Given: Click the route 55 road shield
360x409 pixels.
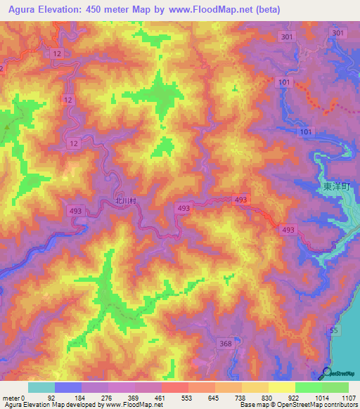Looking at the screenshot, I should [334, 330].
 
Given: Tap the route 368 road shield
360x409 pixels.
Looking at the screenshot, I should [225, 343].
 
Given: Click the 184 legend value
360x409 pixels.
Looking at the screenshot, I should [81, 397].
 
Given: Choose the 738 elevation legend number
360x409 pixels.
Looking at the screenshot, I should [241, 397].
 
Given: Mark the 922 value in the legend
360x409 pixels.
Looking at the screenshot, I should [295, 397].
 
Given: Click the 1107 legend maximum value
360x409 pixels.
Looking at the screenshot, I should [347, 397].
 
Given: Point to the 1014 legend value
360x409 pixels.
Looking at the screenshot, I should [321, 397].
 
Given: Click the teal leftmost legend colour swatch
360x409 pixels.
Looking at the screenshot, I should [41, 387].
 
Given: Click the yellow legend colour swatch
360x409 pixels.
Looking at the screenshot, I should [281, 387].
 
